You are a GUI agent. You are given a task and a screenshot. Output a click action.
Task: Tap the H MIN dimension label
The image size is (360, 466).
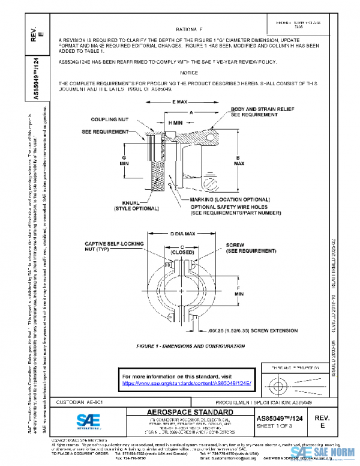[x=175, y=122]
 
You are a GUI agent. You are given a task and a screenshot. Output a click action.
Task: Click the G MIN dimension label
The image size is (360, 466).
[x=124, y=158]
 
